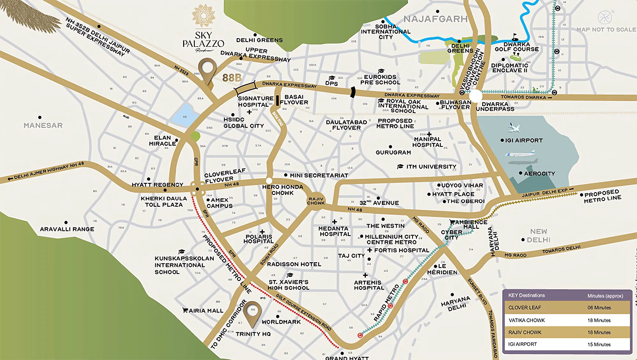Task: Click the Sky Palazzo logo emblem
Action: pyautogui.click(x=204, y=15)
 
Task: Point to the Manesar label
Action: pyautogui.click(x=43, y=126)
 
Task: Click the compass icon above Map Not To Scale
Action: pyautogui.click(x=605, y=17)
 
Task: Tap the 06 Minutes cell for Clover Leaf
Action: pyautogui.click(x=599, y=308)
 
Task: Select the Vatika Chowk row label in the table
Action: pyautogui.click(x=526, y=320)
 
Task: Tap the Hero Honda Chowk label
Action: pyautogui.click(x=283, y=190)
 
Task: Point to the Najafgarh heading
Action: pyautogui.click(x=435, y=19)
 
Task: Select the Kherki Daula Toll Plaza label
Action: pyautogui.click(x=164, y=202)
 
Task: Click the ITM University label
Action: pyautogui.click(x=431, y=167)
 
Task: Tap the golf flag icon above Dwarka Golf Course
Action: pyautogui.click(x=515, y=37)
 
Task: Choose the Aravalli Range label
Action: pyautogui.click(x=67, y=229)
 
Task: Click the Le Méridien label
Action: pyautogui.click(x=442, y=269)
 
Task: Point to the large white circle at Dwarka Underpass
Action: pyautogui.click(x=476, y=96)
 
